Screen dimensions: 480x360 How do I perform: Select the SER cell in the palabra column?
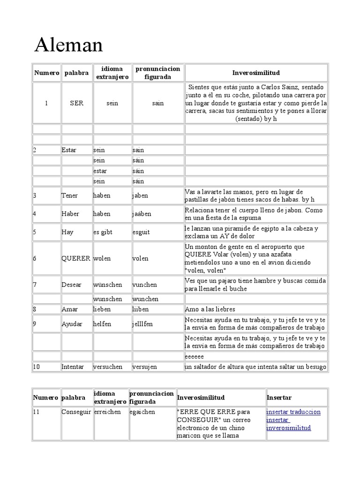[76, 103]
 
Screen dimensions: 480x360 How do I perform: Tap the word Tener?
[70, 196]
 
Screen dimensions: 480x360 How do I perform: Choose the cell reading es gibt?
[103, 232]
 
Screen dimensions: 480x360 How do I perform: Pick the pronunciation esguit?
[142, 232]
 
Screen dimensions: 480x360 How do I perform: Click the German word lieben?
[102, 309]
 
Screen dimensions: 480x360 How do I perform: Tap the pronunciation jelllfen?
[142, 323]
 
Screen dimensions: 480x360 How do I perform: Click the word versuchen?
[108, 367]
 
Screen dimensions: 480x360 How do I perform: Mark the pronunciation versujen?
[145, 367]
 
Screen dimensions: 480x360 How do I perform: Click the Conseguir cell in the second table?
[76, 412]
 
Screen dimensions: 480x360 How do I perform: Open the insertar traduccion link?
[293, 412]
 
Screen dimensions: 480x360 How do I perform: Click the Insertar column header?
[279, 397]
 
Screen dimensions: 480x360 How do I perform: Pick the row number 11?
[37, 412]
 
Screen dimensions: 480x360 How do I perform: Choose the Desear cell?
[70, 285]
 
